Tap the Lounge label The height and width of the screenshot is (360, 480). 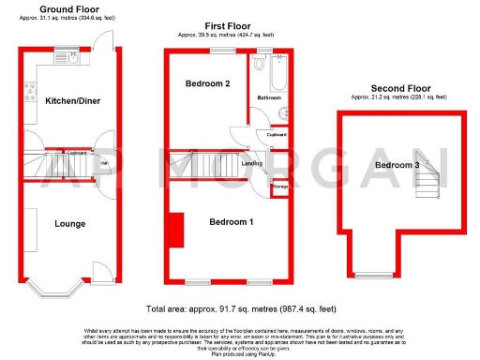click(70, 224)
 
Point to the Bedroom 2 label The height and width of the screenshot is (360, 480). click(208, 84)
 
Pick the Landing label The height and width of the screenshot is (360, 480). click(251, 164)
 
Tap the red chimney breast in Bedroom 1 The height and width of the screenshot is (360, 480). click(175, 228)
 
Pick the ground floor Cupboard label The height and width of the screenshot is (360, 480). click(77, 153)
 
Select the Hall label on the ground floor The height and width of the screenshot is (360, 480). click(105, 163)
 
